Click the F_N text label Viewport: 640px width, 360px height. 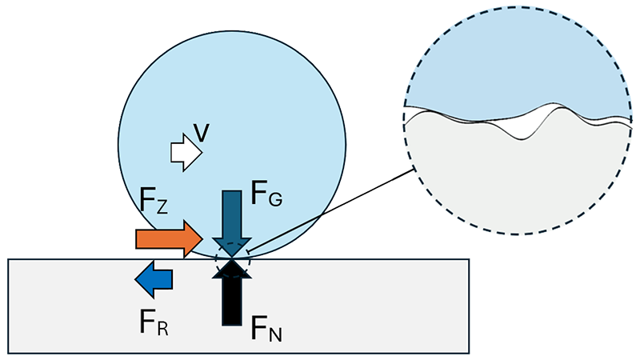pyautogui.click(x=266, y=328)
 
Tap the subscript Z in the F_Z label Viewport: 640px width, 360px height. pyautogui.click(x=162, y=209)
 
